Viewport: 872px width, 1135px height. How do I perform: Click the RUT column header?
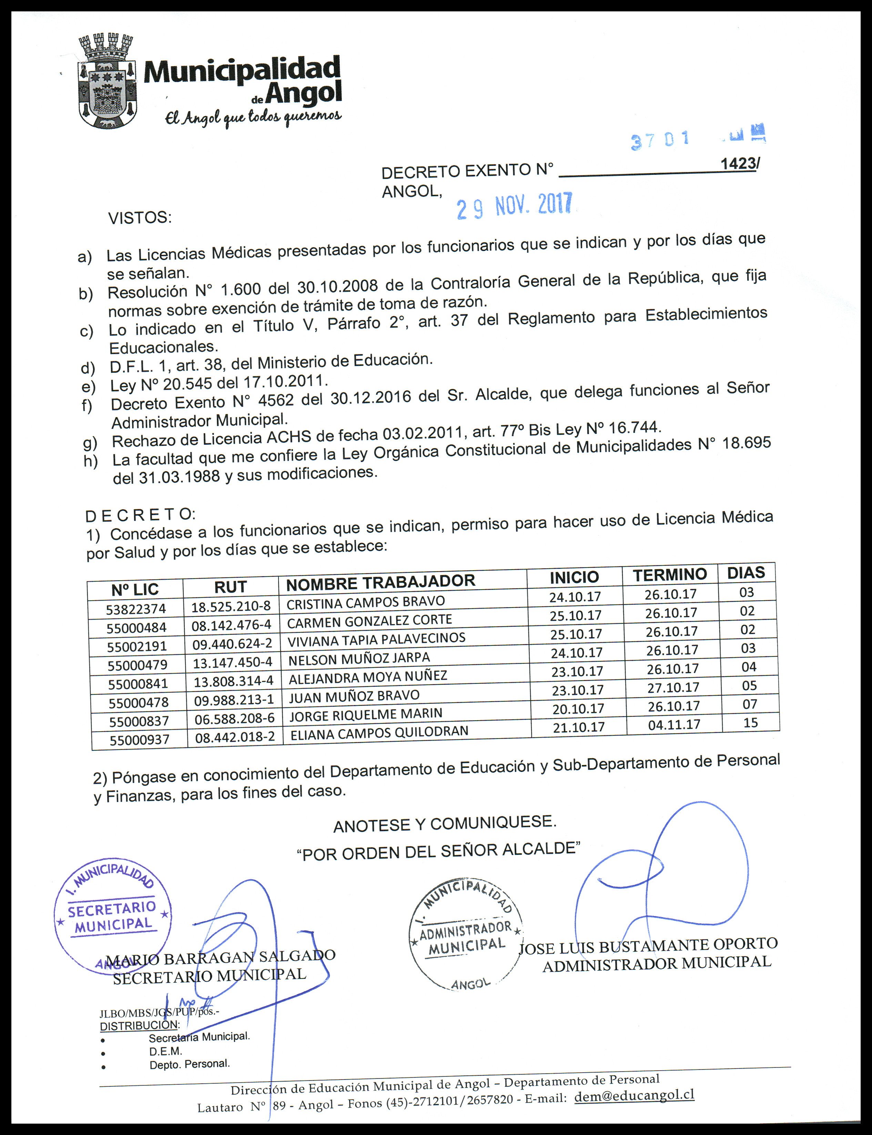231,587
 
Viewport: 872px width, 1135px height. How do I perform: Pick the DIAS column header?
746,573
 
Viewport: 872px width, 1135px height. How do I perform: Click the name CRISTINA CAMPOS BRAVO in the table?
365,602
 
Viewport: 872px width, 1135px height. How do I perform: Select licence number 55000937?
139,739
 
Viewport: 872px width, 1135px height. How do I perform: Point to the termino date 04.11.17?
674,724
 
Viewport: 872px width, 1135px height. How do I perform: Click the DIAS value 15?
751,722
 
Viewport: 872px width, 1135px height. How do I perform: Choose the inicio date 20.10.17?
578,709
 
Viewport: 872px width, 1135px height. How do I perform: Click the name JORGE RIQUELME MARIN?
366,715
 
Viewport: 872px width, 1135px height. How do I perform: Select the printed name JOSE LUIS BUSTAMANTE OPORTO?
648,946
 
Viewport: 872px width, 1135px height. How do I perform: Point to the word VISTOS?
140,218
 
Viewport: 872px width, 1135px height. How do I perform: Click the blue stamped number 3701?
660,140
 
